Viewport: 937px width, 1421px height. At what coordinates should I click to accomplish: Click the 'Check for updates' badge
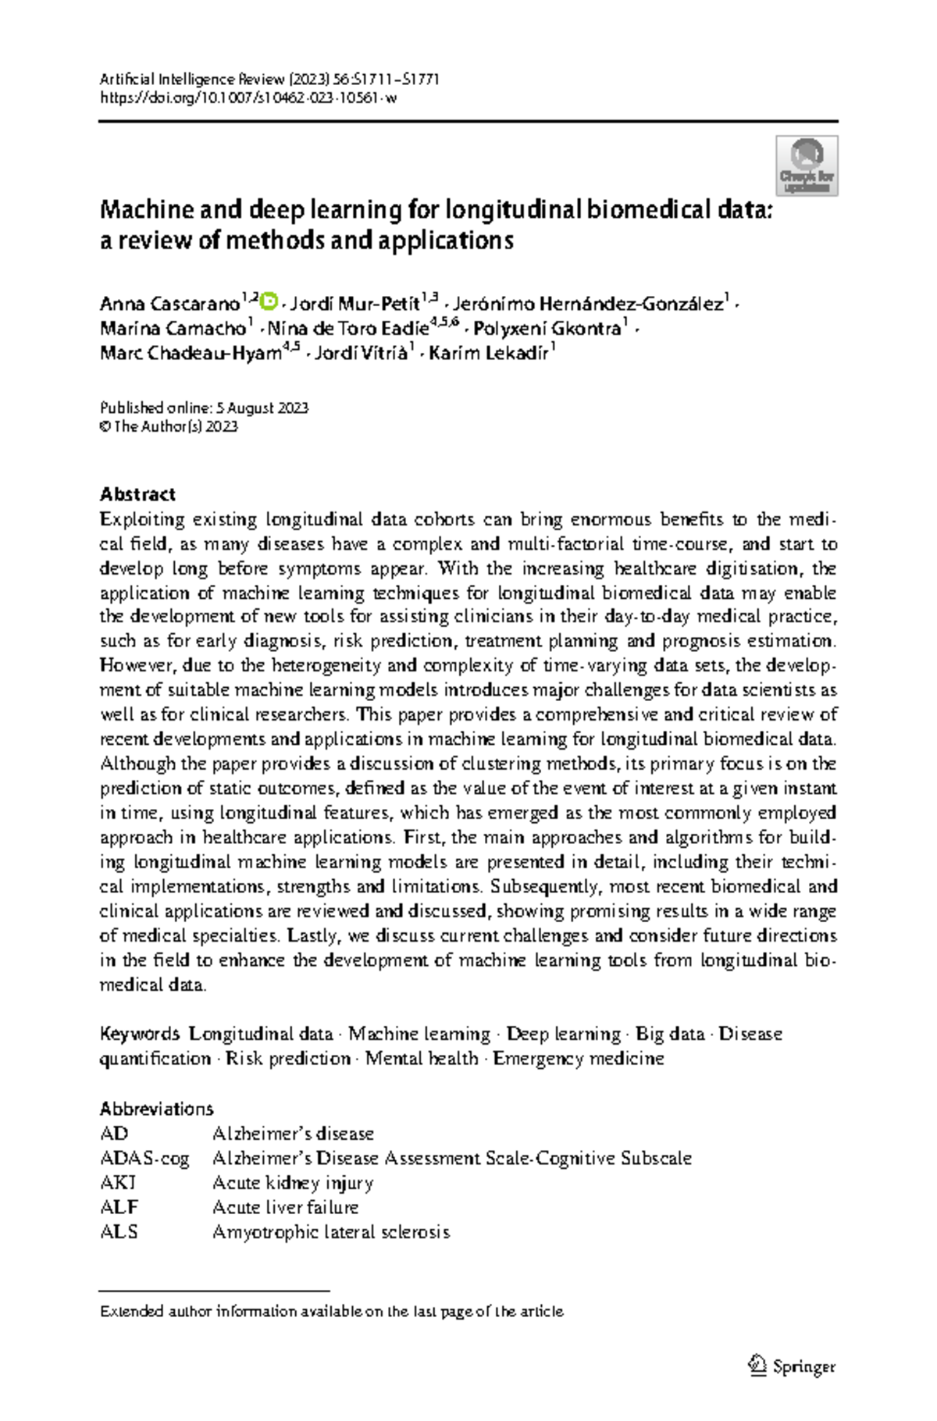(806, 166)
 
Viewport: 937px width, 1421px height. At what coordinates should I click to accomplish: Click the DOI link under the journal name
(248, 98)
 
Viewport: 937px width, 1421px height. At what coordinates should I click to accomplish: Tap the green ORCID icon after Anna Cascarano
(269, 301)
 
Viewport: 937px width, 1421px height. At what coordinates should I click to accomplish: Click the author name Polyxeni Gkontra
(547, 329)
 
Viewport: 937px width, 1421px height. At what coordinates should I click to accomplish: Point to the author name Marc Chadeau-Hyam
(191, 354)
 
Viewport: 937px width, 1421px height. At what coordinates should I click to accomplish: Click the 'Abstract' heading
(137, 494)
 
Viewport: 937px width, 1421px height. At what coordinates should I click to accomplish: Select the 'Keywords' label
(139, 1034)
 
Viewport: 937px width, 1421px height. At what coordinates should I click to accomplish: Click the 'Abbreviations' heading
(156, 1109)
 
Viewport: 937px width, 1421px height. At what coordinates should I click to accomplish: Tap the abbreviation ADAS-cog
(144, 1159)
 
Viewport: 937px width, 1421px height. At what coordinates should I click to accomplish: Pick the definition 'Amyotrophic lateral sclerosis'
(330, 1232)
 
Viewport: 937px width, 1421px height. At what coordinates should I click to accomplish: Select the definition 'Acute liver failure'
(285, 1208)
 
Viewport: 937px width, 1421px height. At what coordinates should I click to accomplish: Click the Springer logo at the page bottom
(792, 1366)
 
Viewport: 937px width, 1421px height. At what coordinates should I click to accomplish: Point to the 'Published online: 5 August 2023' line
(204, 408)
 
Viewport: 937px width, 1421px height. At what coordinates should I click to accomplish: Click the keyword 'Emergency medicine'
(578, 1059)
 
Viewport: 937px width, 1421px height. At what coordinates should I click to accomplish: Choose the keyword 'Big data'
(670, 1034)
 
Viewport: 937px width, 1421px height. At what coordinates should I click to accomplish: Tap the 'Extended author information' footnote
(331, 1312)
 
